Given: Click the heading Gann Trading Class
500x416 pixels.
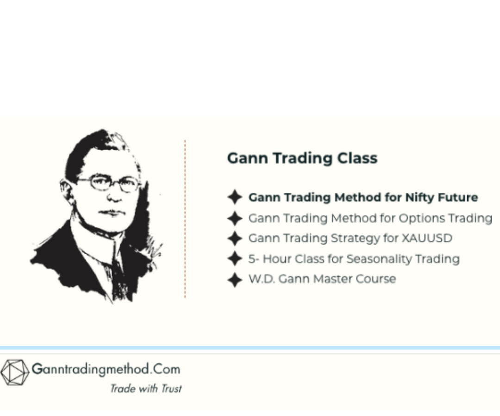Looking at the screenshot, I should [x=302, y=158].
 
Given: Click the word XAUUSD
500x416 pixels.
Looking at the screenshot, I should [x=427, y=238].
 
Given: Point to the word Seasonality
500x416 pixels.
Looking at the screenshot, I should [x=379, y=258].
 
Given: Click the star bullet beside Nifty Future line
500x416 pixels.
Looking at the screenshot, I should [x=235, y=197].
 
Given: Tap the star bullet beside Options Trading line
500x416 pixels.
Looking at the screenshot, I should [x=235, y=218].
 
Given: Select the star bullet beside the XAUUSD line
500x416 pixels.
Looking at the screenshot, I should [x=235, y=239].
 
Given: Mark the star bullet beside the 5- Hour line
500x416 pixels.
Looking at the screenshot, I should [x=235, y=259].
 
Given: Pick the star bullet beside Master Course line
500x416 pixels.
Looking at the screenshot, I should [x=235, y=279].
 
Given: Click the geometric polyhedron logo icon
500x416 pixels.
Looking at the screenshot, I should [x=14, y=372].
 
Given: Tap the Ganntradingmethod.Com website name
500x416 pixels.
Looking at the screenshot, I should [x=106, y=369].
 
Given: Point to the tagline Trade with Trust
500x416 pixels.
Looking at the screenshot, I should [x=145, y=388].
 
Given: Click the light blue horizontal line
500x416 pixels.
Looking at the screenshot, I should [x=250, y=348].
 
